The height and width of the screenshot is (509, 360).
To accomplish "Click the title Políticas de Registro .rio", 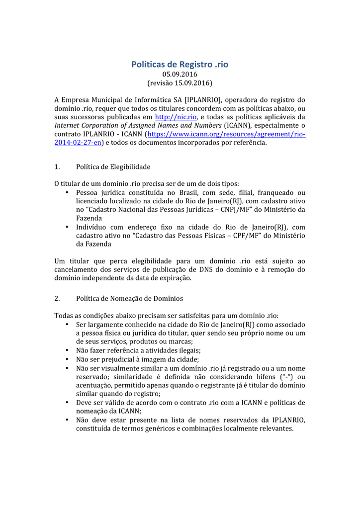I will (180, 65).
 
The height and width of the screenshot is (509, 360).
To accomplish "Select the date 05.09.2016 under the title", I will (180, 74).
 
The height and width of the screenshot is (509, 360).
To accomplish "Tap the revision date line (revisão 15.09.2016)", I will (180, 83).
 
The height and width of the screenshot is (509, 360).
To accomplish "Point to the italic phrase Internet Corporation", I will (87, 125).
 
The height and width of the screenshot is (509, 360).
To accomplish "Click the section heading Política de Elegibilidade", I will (113, 167).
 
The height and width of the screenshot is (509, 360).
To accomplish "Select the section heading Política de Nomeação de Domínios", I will (129, 299).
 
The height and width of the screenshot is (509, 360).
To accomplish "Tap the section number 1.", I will (57, 167).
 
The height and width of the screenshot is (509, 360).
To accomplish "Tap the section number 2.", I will (57, 299).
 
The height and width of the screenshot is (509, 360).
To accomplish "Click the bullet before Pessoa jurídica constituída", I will (67, 192).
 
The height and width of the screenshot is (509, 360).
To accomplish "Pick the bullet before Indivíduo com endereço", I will (67, 227).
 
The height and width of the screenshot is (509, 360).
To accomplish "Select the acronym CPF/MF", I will (247, 236).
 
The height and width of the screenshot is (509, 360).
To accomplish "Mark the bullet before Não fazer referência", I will (67, 350).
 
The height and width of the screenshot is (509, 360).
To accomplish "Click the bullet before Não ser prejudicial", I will (67, 359).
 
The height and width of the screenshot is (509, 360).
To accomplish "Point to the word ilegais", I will (176, 350).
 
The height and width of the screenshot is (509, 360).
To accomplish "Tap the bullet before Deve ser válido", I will (67, 403).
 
